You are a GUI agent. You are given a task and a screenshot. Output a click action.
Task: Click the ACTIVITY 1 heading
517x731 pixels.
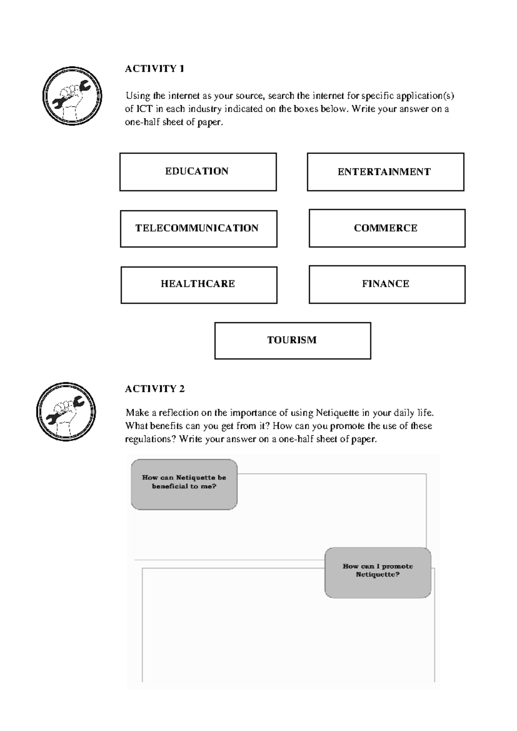154,69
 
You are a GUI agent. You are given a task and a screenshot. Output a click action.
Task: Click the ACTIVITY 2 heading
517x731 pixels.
154,389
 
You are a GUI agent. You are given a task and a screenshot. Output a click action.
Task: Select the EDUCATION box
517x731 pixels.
198,172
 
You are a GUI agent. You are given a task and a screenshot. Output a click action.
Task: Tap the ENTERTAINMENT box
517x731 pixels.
385,172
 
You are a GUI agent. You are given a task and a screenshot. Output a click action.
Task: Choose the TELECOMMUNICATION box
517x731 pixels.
198,228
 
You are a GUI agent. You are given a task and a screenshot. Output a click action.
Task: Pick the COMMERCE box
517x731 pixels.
387,228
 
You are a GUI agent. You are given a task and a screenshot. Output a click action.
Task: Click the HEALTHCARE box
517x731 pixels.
199,284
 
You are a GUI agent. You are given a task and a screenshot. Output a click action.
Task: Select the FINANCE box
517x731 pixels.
387,284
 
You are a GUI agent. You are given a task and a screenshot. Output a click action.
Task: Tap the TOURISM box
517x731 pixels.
293,341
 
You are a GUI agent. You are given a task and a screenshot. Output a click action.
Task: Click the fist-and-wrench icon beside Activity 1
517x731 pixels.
72,96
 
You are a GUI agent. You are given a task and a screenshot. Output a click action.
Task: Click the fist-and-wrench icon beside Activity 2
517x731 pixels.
66,412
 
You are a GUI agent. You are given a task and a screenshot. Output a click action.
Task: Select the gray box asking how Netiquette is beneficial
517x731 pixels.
184,484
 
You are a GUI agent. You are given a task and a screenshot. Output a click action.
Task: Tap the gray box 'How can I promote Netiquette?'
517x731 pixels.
377,572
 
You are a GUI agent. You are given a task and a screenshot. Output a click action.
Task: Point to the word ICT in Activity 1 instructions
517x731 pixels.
144,109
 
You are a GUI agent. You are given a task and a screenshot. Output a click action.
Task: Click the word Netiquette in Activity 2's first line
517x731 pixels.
337,413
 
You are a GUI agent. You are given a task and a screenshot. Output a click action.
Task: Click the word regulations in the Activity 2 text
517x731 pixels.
146,439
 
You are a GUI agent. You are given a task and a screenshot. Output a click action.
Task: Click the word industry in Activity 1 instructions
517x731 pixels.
205,109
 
